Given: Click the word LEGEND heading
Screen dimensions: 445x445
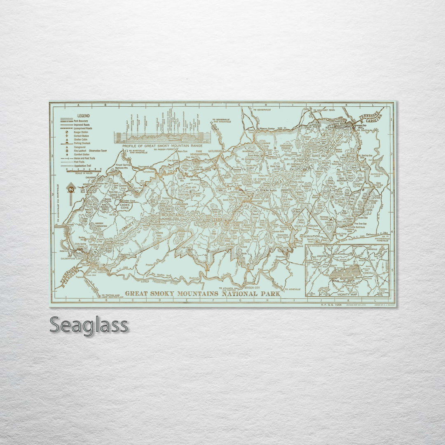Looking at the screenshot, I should (83, 116).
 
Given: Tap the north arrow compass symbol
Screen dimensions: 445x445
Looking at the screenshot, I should (71, 191).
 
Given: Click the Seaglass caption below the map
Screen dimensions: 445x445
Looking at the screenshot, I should (89, 325).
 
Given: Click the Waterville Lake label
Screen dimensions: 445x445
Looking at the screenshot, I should (379, 174).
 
